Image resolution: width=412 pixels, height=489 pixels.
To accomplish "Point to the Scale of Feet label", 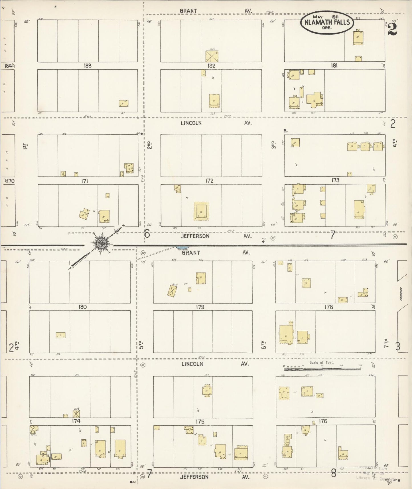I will (x=322, y=363).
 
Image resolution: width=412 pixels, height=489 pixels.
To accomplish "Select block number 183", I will (x=88, y=66).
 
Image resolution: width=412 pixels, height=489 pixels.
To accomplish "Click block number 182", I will (x=211, y=66).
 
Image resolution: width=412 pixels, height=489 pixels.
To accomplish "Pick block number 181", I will (x=334, y=66).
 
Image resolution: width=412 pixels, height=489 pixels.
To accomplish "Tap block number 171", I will (x=85, y=181).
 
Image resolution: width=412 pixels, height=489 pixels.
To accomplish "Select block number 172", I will (x=210, y=181).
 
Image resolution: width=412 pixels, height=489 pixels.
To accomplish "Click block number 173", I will (x=335, y=180).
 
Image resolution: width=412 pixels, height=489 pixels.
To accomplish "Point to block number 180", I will (x=83, y=307).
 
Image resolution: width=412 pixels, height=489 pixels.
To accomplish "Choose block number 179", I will (x=200, y=307).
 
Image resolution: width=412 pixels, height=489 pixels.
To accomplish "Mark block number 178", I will (x=329, y=307).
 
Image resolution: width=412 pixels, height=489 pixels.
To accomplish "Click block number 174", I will (x=76, y=421).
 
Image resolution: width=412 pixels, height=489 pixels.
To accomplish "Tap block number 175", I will (x=200, y=422).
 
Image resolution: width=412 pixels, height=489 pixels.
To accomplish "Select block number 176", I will (x=323, y=421).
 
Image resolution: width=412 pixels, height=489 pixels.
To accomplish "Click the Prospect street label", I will (x=401, y=294).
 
